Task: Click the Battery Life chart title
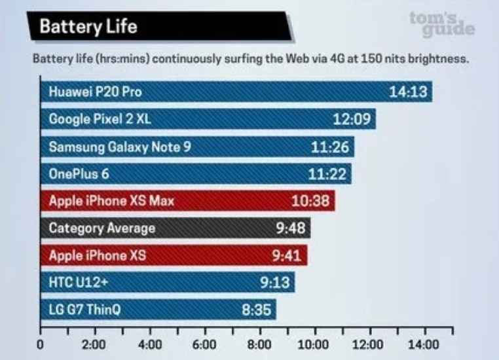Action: point(88,27)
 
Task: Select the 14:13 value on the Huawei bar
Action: point(408,92)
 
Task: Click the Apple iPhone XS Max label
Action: point(112,201)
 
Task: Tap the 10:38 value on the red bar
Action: point(310,201)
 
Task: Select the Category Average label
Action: point(102,228)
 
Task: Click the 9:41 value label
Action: point(286,255)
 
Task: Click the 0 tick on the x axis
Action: point(41,344)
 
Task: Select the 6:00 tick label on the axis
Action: point(205,344)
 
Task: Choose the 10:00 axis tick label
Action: point(314,344)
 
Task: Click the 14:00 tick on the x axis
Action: point(424,344)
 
